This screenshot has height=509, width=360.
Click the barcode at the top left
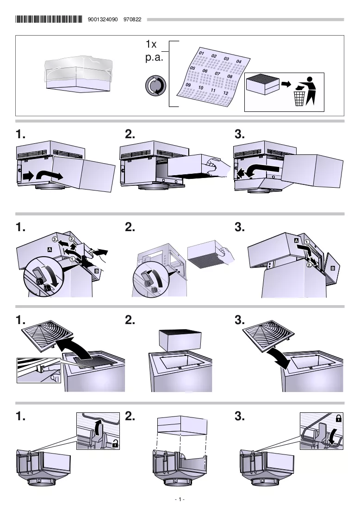[49, 19]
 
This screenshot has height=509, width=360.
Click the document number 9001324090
[103, 19]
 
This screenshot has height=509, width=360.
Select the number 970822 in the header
[132, 19]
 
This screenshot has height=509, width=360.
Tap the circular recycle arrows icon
[155, 86]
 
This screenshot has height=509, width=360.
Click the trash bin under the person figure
[299, 98]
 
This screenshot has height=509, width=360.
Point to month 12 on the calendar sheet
[225, 93]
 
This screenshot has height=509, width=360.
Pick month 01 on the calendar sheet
[201, 53]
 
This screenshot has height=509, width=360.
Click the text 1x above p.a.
[151, 44]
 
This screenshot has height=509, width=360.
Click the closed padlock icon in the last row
[338, 418]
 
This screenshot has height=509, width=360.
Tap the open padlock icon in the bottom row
[115, 444]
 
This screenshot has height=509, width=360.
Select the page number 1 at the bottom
[180, 499]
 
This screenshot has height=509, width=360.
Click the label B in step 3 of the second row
[332, 268]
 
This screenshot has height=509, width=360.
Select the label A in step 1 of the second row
[50, 249]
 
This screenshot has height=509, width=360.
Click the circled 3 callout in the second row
[55, 239]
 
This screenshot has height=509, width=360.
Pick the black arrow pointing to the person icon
[286, 85]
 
